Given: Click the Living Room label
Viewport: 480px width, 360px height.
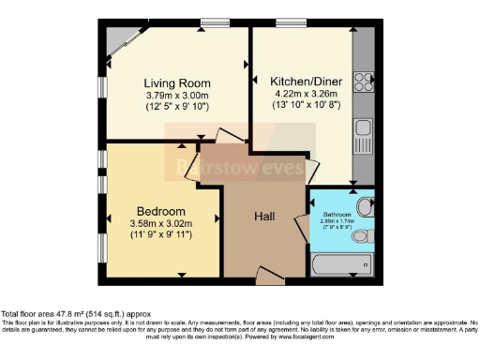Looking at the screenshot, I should pyautogui.click(x=176, y=82).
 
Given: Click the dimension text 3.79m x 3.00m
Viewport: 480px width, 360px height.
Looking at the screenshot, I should pyautogui.click(x=176, y=95).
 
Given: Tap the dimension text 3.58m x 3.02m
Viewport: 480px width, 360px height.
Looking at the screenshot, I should pyautogui.click(x=160, y=223).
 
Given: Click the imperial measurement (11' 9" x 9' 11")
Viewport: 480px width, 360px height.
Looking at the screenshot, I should pyautogui.click(x=160, y=235).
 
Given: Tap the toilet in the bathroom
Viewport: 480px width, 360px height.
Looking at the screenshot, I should pyautogui.click(x=365, y=206).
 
